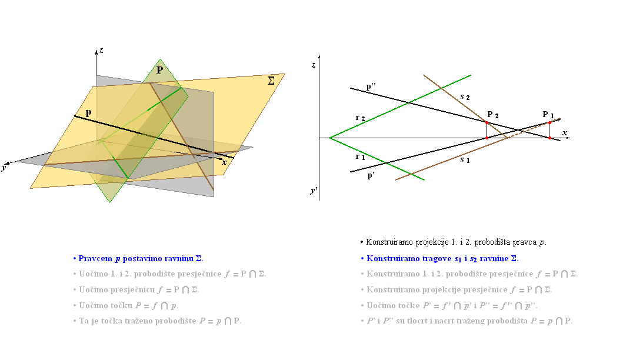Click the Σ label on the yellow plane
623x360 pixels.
271,81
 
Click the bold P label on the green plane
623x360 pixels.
160,71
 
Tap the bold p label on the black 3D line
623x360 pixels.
88,114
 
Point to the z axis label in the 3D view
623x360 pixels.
102,51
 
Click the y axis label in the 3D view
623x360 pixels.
4,168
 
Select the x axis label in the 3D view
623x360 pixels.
225,162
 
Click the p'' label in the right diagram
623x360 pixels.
371,86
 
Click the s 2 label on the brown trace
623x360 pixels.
465,97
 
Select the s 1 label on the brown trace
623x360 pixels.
465,160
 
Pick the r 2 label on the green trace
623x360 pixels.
361,118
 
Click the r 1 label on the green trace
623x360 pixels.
361,157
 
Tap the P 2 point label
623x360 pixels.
492,115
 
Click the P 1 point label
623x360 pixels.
548,115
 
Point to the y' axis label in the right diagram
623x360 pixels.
314,191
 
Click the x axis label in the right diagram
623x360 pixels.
565,133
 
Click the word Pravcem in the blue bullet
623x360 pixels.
95,259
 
